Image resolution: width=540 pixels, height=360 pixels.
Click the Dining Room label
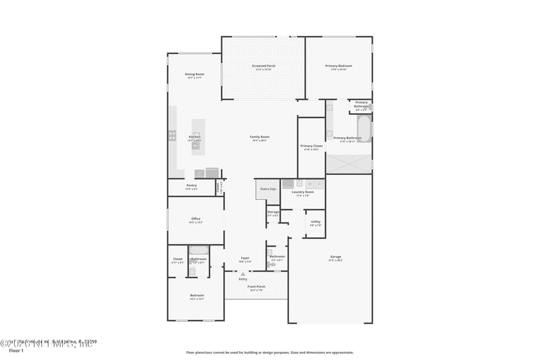point(194,74)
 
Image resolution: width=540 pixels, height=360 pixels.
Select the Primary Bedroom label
point(339,66)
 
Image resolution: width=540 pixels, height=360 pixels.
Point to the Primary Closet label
point(311,146)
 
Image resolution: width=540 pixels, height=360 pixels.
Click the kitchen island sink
point(196,134)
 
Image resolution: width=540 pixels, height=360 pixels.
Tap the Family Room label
point(260,137)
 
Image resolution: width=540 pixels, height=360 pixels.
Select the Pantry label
point(191,186)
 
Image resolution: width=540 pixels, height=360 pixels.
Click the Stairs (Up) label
point(268,189)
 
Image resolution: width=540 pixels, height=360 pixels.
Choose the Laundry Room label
point(302,192)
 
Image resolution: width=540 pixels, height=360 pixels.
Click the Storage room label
point(273,212)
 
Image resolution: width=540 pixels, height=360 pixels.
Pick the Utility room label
point(315,222)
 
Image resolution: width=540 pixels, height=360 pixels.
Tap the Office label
point(196,219)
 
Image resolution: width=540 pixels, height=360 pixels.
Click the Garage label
point(335,257)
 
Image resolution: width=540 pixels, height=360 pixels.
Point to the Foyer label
point(245,258)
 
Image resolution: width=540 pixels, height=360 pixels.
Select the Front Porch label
point(256,286)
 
